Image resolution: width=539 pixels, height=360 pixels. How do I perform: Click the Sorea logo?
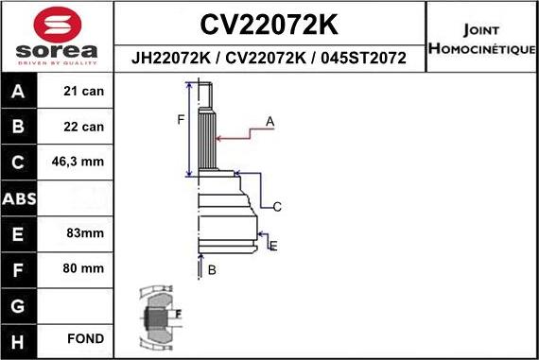point(57,36)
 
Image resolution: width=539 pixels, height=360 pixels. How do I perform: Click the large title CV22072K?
point(270,24)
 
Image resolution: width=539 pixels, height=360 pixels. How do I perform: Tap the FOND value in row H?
point(85,337)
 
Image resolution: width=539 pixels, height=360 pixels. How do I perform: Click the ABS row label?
point(20,197)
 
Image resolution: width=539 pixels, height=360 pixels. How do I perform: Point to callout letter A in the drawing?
point(269,121)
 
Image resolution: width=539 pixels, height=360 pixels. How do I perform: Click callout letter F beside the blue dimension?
point(182,119)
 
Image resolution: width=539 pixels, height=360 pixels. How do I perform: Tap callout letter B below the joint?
point(212,270)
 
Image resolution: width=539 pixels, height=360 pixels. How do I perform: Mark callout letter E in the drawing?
point(273,246)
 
